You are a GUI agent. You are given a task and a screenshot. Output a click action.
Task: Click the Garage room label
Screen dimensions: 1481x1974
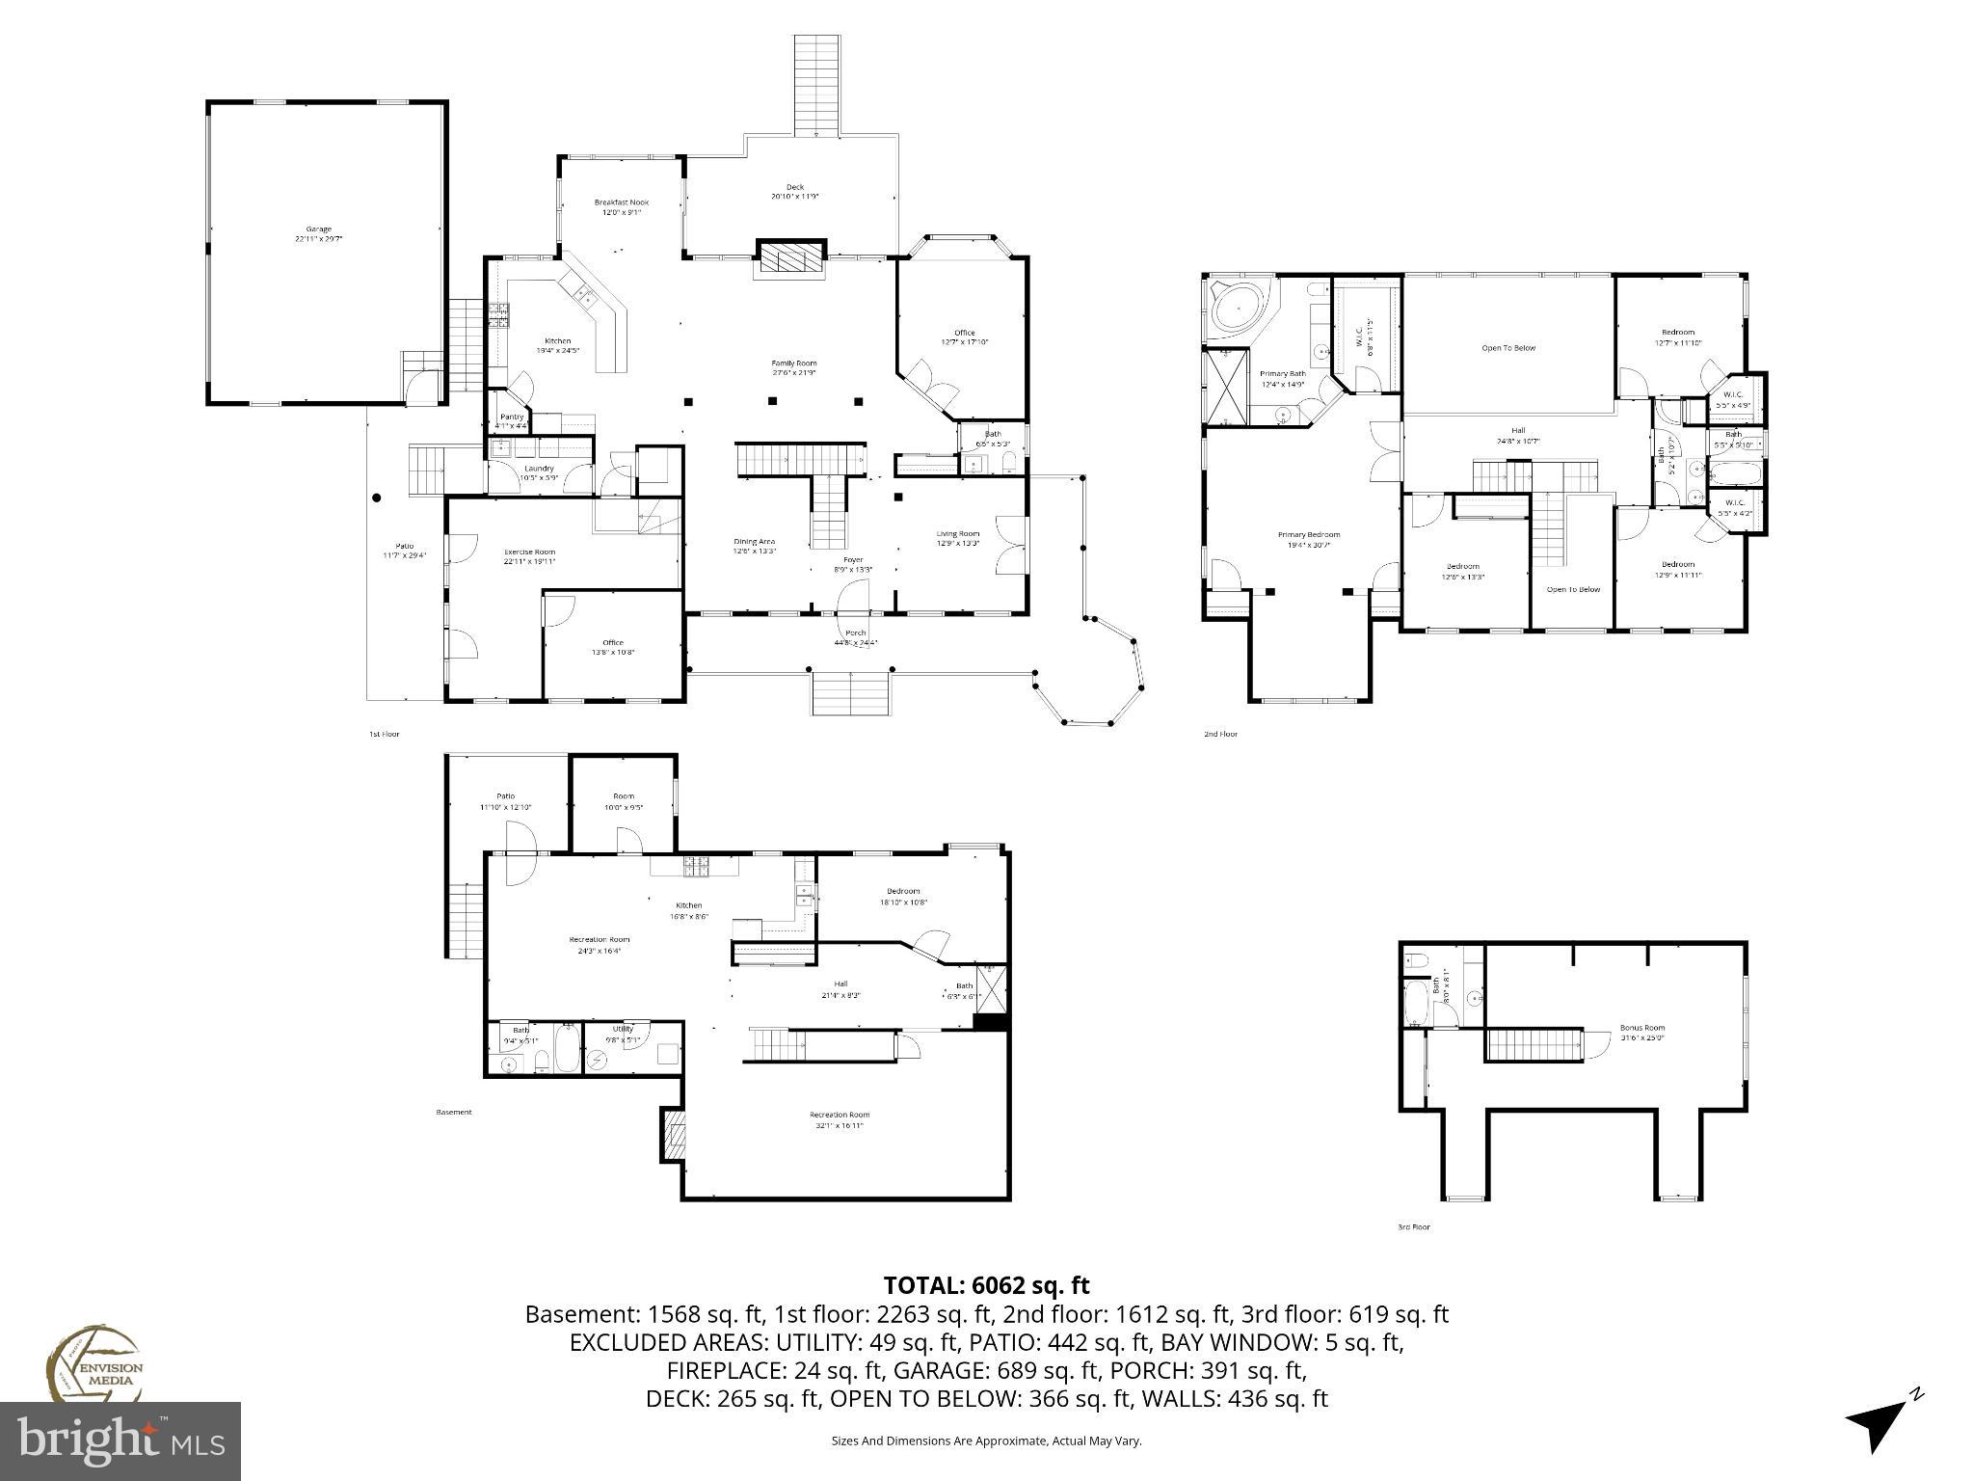tap(319, 233)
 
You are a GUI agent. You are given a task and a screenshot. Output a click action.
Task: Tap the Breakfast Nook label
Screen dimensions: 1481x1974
tap(622, 206)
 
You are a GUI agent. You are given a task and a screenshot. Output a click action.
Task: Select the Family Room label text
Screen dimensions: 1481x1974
tap(793, 367)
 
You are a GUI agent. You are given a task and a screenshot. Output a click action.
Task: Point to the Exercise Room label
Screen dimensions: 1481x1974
tap(529, 556)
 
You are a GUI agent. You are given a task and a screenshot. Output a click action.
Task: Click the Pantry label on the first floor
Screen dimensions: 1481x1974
tap(512, 420)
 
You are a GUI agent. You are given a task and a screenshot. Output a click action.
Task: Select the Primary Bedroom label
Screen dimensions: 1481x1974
tap(1308, 539)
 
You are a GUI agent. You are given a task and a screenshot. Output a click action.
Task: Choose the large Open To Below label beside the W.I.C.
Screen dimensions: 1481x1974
tap(1508, 348)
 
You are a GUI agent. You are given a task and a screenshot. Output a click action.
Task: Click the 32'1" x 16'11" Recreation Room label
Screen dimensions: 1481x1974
tap(840, 1119)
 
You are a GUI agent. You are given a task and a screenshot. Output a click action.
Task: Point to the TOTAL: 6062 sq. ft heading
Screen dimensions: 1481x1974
tap(986, 1285)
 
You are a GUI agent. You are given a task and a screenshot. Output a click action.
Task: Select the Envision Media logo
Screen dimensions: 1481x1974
tap(93, 1363)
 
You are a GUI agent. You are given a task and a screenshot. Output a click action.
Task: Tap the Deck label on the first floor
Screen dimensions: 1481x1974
tap(794, 191)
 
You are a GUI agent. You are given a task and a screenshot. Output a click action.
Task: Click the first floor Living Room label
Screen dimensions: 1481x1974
tap(957, 538)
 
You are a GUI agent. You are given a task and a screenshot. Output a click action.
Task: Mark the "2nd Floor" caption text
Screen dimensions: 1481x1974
tap(1219, 735)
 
